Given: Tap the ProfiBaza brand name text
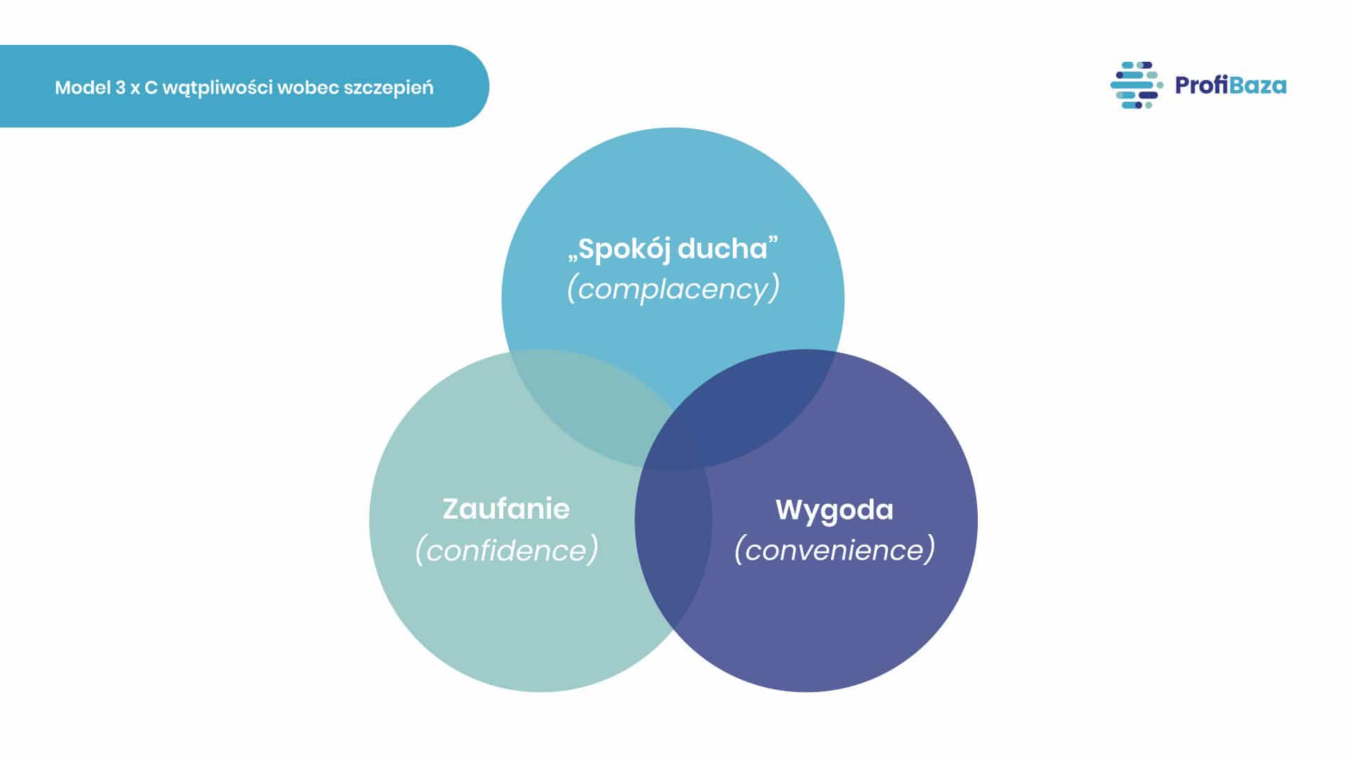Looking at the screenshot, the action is point(1230,86).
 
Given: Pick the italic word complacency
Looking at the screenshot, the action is point(673,288).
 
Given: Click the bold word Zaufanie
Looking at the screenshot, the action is point(506,509).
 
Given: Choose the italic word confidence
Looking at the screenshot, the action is point(506,550).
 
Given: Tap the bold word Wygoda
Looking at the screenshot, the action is point(835,510).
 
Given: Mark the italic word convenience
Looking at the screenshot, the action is point(835,550).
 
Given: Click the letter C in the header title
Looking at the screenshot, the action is point(151,88).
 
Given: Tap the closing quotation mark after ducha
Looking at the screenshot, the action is point(774,241).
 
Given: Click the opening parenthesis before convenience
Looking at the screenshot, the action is point(738,550).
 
